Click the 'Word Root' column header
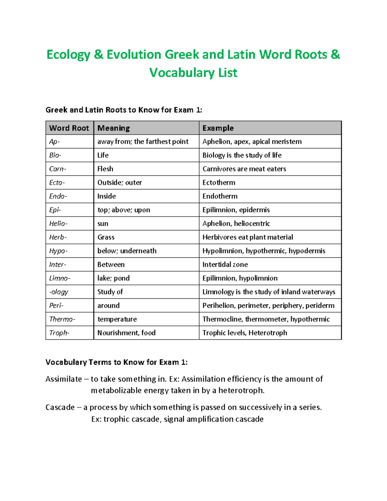click(69, 128)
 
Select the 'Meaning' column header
click(114, 128)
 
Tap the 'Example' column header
click(218, 128)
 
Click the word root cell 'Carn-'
click(58, 169)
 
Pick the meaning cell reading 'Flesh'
click(105, 169)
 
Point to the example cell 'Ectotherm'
click(219, 183)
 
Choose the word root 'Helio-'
click(58, 224)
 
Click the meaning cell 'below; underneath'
click(127, 251)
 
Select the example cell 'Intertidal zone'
click(225, 265)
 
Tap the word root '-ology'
click(59, 292)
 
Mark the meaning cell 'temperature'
click(117, 319)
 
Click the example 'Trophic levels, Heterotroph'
click(244, 333)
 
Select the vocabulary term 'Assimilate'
click(64, 379)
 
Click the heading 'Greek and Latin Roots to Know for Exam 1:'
click(124, 110)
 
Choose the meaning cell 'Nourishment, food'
click(126, 333)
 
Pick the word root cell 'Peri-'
click(56, 306)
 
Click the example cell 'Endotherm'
click(220, 196)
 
